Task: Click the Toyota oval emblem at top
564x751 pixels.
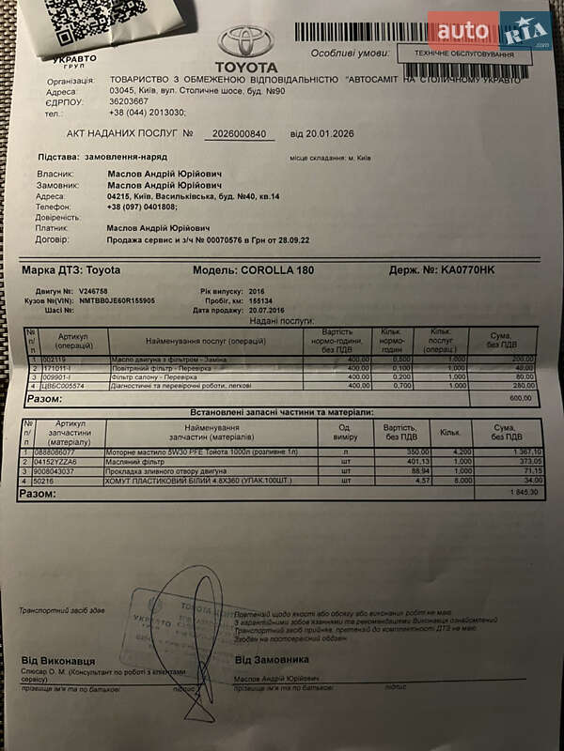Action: (245, 42)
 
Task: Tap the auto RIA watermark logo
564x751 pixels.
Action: (490, 34)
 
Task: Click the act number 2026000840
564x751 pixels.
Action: (234, 134)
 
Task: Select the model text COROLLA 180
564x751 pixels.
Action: (281, 270)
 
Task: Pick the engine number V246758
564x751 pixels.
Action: (93, 291)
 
